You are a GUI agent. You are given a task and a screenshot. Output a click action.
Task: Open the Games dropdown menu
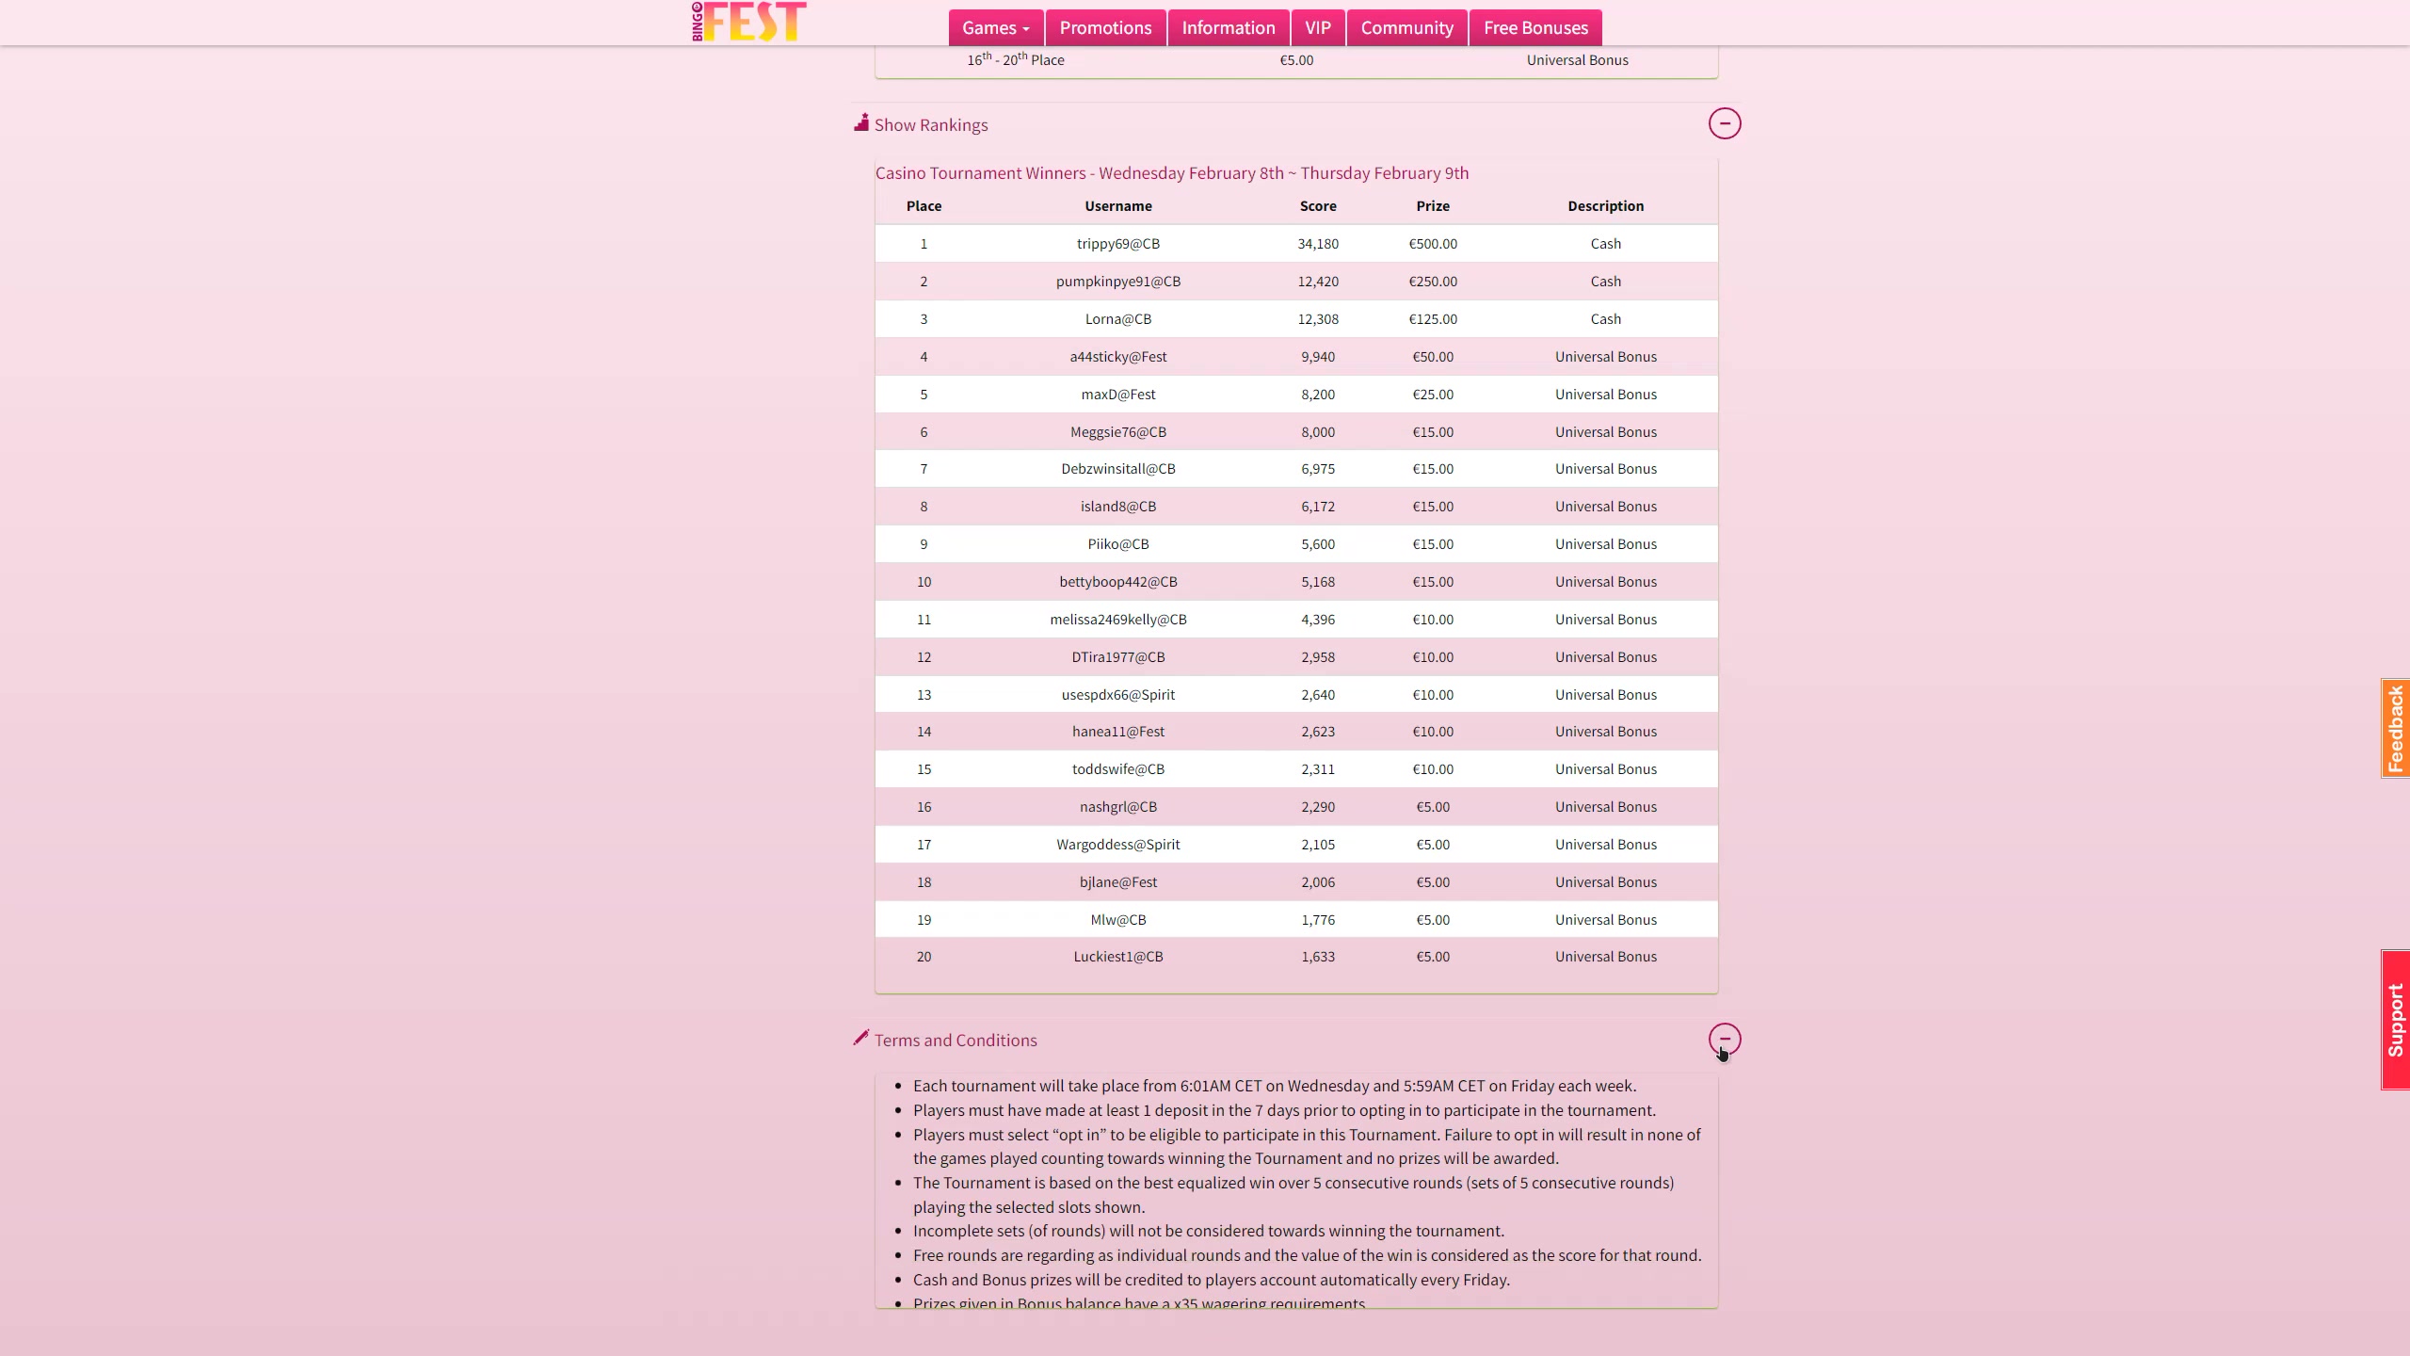tap(995, 28)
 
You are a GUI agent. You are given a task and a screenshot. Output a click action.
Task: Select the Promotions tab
tap(1105, 28)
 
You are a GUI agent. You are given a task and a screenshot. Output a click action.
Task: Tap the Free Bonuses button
tap(1535, 28)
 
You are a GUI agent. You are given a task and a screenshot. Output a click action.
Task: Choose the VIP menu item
tap(1318, 28)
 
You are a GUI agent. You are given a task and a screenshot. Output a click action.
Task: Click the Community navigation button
tap(1406, 28)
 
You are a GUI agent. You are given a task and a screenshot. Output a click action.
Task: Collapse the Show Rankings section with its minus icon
tap(1725, 123)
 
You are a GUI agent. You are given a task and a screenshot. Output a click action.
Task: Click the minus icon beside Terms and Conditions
tap(1725, 1039)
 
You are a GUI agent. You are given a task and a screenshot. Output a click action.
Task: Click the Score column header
tap(1318, 206)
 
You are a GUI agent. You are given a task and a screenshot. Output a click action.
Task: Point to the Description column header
tap(1605, 206)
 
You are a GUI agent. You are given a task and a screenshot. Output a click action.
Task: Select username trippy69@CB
tap(1117, 244)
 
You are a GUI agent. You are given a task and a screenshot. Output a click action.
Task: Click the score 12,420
tap(1318, 282)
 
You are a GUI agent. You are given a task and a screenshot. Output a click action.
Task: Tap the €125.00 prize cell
tap(1433, 319)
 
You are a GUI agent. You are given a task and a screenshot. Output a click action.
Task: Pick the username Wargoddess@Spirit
tap(1117, 845)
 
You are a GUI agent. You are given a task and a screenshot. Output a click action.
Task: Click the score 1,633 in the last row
tap(1318, 957)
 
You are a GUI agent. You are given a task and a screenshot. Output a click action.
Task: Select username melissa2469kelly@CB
tap(1117, 620)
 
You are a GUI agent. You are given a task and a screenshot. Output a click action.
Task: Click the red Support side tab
tap(2395, 1020)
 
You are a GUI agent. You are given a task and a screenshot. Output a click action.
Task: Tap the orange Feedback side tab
tap(2395, 728)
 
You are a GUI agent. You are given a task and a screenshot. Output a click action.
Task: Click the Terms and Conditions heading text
tap(955, 1041)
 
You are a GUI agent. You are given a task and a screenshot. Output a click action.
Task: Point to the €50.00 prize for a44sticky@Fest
tap(1433, 357)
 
